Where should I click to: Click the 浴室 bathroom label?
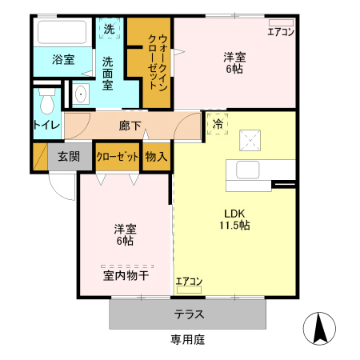(63, 60)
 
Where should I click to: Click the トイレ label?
(46, 125)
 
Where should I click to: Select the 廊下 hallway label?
(130, 126)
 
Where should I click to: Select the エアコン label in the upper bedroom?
(281, 32)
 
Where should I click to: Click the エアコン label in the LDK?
(190, 281)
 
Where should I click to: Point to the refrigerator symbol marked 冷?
(218, 124)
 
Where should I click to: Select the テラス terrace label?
(189, 314)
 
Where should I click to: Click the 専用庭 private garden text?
(188, 340)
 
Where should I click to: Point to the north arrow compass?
(318, 329)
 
